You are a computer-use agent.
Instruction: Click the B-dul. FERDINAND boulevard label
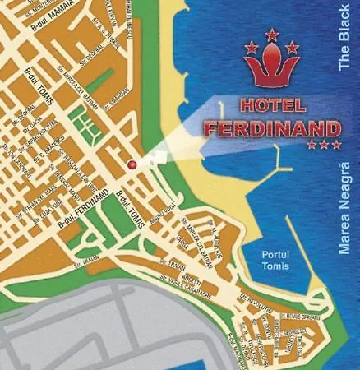(81, 210)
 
